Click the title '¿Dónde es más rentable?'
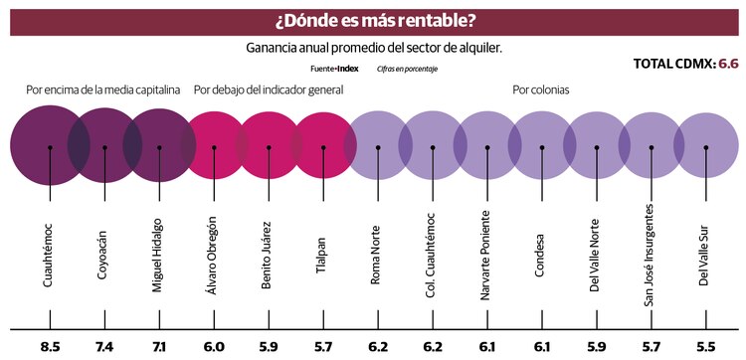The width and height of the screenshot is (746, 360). click(x=373, y=20)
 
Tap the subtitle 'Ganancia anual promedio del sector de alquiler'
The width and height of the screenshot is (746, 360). click(x=373, y=48)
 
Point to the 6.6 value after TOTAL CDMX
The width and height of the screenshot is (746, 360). click(x=729, y=64)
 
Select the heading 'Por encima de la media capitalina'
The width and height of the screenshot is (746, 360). click(x=103, y=90)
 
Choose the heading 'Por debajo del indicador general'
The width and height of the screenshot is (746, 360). click(x=269, y=90)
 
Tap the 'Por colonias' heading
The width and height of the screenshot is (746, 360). click(x=541, y=90)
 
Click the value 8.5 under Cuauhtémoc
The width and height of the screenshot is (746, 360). click(x=50, y=345)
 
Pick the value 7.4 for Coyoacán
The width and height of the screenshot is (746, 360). click(x=104, y=345)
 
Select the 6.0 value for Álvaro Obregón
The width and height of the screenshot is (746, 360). click(x=214, y=345)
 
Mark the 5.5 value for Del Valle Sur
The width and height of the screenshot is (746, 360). click(x=706, y=345)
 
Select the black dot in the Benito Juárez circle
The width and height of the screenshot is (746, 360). click(x=269, y=147)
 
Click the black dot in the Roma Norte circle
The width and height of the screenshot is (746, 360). click(x=378, y=147)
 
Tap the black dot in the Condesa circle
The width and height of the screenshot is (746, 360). click(x=542, y=147)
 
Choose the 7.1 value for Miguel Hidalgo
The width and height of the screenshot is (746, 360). click(x=159, y=345)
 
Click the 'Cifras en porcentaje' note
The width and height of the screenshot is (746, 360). click(x=407, y=69)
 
